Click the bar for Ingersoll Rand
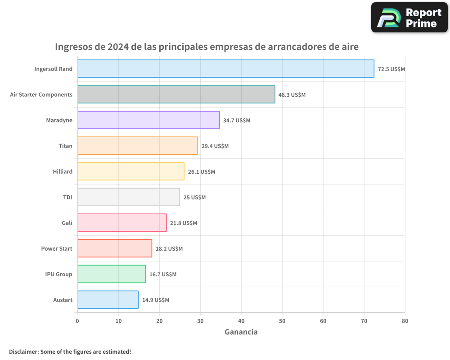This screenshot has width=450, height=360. point(225,69)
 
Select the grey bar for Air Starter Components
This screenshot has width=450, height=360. point(176,94)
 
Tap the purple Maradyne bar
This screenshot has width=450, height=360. point(148,120)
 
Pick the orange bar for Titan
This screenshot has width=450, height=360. point(137,146)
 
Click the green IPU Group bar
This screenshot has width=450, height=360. point(111,274)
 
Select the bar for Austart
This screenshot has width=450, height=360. point(108,300)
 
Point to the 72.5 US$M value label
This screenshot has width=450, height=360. point(391,69)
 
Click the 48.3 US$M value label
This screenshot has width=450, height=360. point(292,95)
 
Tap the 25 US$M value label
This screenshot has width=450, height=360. point(194,198)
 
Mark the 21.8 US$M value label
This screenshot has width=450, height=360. point(184,223)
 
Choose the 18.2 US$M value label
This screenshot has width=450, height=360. point(169,249)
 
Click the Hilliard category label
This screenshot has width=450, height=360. point(62,171)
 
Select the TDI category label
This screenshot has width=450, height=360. point(67,197)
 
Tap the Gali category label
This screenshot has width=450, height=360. point(67,223)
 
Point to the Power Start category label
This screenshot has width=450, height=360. point(56,248)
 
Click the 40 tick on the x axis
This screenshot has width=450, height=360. point(241,321)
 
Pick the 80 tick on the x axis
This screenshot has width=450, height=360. point(405,321)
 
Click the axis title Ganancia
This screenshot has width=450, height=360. point(241,332)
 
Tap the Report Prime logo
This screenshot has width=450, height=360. point(409,18)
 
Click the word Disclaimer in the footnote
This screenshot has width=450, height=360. point(23,351)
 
